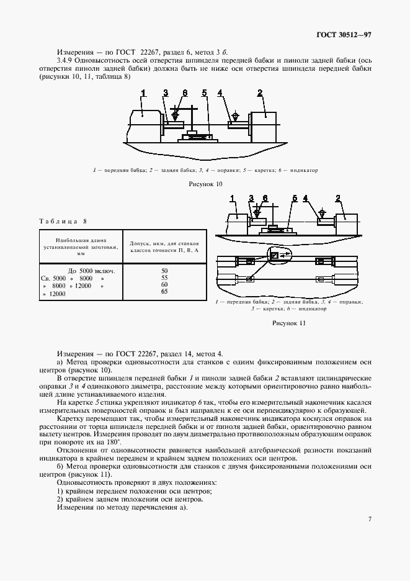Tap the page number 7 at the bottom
[x=369, y=519]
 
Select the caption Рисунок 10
[x=205, y=184]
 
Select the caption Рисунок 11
[x=289, y=323]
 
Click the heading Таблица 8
[x=63, y=221]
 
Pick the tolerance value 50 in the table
[x=164, y=271]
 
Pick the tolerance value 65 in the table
[x=164, y=291]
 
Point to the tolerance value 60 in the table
[x=164, y=284]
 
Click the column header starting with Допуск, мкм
[x=164, y=246]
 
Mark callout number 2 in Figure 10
[x=260, y=93]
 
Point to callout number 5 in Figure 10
[x=204, y=93]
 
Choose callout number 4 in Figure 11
[x=305, y=199]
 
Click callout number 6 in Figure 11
[x=265, y=199]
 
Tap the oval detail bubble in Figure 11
[x=278, y=254]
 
